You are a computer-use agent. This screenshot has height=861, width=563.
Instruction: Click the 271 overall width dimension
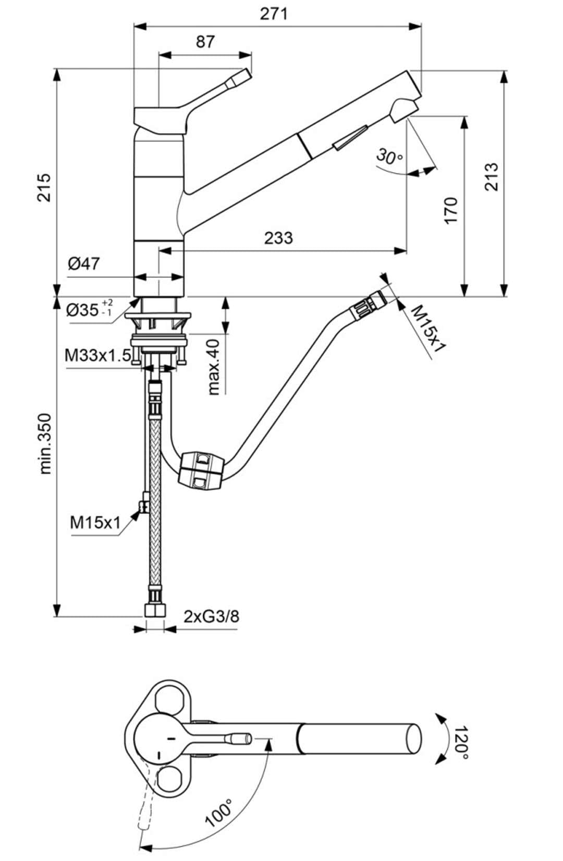(x=274, y=14)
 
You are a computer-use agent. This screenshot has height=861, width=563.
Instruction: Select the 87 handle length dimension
(x=205, y=42)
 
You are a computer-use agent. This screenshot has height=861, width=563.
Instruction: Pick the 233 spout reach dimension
(x=278, y=238)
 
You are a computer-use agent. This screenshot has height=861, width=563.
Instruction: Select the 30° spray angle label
(x=389, y=157)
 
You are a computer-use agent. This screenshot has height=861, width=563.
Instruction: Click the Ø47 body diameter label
(x=84, y=264)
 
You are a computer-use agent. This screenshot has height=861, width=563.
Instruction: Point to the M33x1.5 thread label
(x=97, y=355)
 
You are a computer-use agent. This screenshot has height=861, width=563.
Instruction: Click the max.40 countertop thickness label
(x=213, y=367)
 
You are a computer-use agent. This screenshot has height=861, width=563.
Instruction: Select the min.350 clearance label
(x=45, y=444)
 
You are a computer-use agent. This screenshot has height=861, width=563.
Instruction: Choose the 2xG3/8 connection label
(x=211, y=617)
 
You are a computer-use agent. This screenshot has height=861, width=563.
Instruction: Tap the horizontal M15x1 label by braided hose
(x=95, y=522)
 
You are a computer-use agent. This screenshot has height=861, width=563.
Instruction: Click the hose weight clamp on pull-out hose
(x=201, y=471)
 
